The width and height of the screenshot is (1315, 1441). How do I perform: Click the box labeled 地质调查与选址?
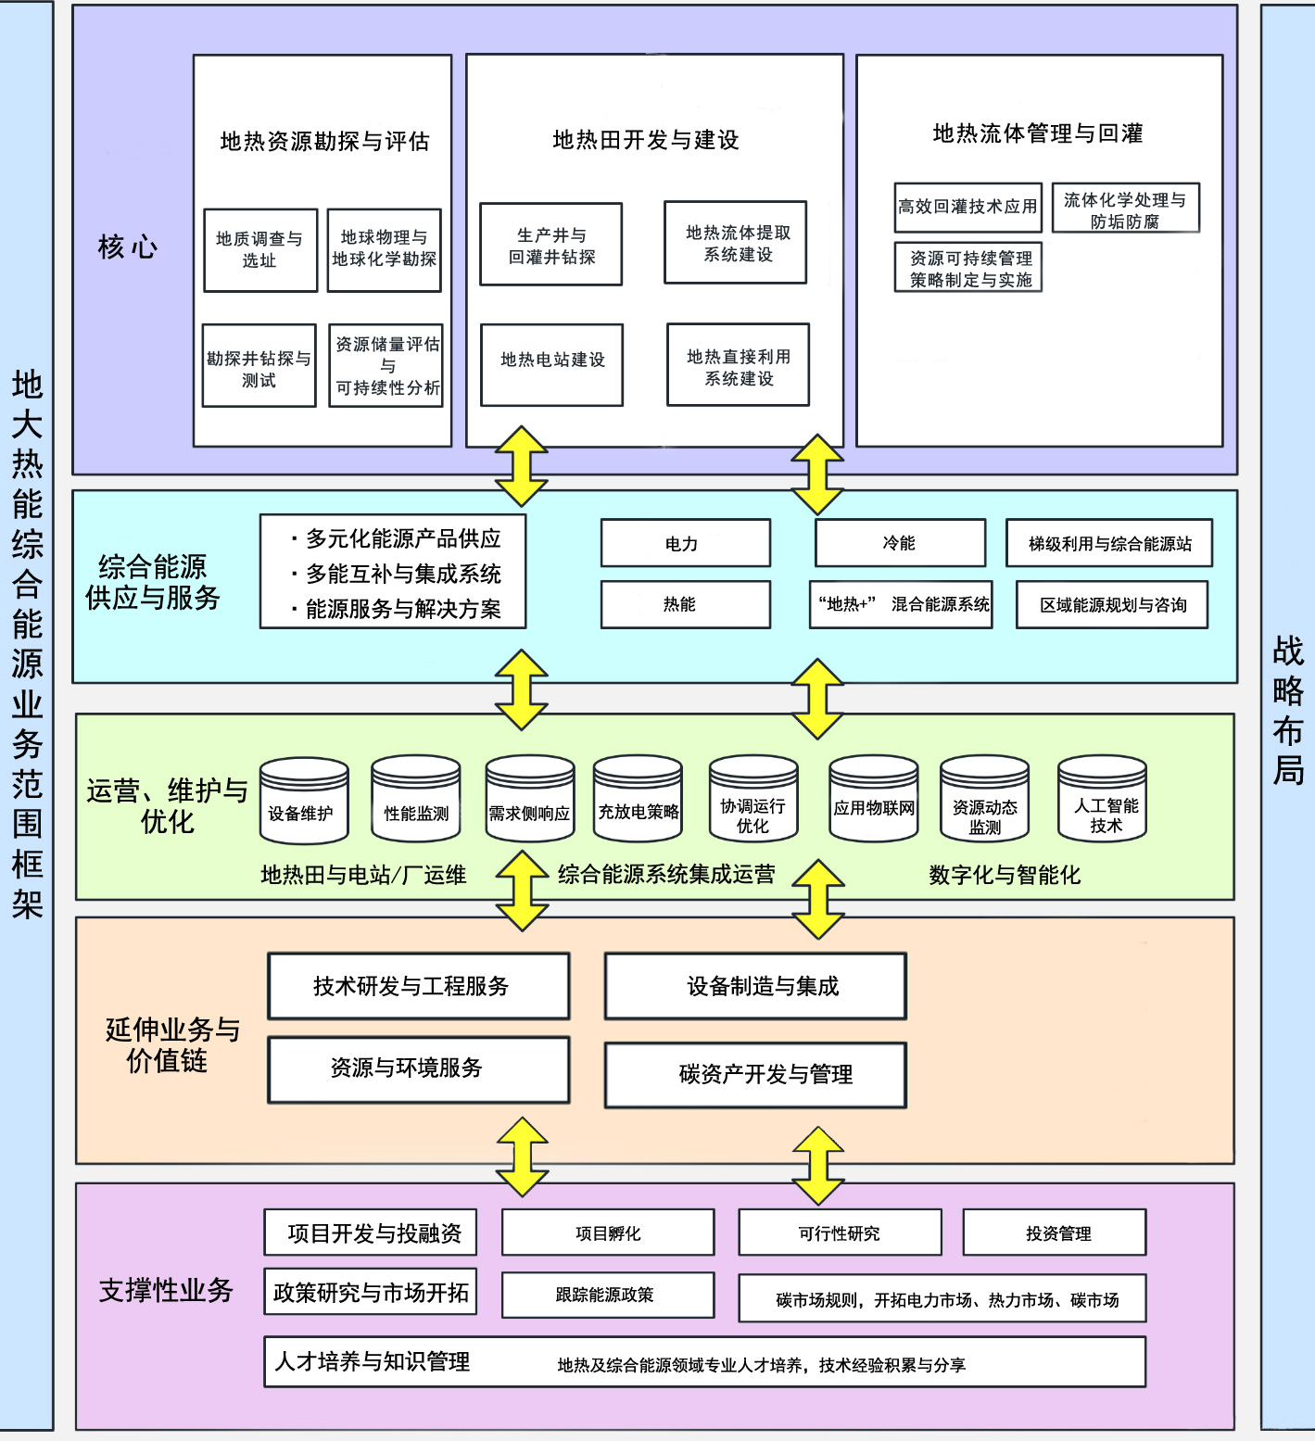tap(260, 250)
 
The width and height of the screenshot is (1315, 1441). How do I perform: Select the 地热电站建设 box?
tap(551, 364)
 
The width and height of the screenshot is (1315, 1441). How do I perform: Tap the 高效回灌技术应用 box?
tap(967, 207)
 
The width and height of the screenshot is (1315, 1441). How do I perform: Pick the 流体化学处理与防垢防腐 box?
tap(1125, 209)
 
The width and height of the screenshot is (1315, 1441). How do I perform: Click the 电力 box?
tap(685, 543)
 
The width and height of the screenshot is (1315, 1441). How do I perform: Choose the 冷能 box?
tap(900, 543)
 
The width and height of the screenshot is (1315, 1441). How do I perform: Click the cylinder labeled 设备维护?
tap(303, 803)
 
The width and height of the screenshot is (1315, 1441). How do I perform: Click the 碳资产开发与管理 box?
tap(755, 1075)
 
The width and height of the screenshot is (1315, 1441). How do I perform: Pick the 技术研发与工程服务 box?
tap(418, 987)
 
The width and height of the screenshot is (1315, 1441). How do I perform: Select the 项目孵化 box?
tap(607, 1233)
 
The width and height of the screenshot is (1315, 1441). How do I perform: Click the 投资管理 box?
tap(1055, 1233)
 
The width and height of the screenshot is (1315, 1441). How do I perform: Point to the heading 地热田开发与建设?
tap(645, 140)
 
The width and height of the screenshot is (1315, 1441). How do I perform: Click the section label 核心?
tap(128, 247)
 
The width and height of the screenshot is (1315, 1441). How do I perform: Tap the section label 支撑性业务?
tap(166, 1290)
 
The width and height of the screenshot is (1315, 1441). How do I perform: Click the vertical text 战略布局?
tap(1287, 710)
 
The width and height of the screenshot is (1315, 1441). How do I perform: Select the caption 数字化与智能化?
tap(1005, 875)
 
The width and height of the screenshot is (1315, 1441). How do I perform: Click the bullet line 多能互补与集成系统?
tap(402, 574)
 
